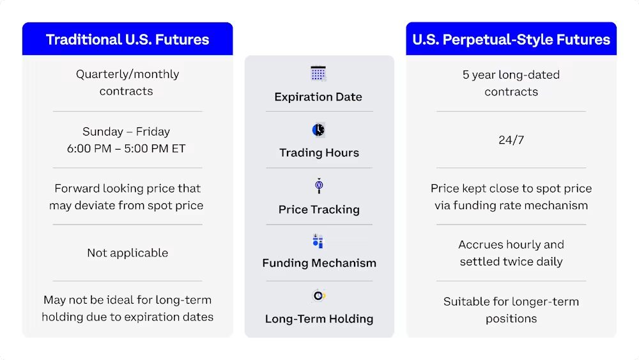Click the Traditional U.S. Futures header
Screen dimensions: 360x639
coord(127,39)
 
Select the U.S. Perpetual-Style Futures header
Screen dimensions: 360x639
coord(511,39)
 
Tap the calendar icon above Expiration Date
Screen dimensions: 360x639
coord(318,74)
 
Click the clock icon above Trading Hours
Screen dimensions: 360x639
coord(318,130)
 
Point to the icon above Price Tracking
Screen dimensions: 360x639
coord(319,186)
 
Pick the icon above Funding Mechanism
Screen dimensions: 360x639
coord(318,241)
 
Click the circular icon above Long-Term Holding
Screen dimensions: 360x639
coord(319,295)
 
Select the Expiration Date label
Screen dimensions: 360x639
coord(318,97)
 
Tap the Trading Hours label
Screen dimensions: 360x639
coord(319,153)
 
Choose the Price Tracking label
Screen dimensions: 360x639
coord(319,210)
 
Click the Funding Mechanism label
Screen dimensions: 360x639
coord(319,263)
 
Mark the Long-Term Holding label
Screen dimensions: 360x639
coord(319,319)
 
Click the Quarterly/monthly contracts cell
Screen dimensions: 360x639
coord(127,82)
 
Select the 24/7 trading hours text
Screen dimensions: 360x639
coord(511,139)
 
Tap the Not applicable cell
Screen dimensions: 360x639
coord(127,253)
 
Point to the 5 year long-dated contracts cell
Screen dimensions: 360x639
coord(511,83)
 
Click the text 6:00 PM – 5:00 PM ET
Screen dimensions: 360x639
coord(126,148)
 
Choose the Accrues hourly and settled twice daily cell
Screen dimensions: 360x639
coord(511,253)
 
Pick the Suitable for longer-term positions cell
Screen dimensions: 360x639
coord(511,309)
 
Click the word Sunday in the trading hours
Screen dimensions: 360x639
coord(102,132)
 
